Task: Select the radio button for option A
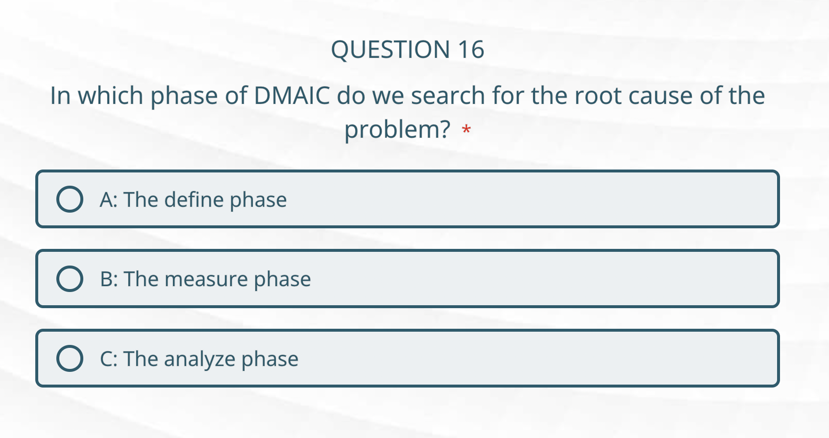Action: coord(70,199)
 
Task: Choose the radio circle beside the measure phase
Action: coord(70,279)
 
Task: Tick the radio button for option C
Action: coord(70,358)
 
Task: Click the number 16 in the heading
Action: coord(471,49)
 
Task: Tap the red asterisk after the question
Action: coord(466,130)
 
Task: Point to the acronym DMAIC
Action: coord(292,96)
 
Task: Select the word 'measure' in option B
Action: coord(206,279)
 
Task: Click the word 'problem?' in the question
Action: coord(397,130)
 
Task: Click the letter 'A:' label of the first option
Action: coord(108,200)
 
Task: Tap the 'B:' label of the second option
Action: coord(109,279)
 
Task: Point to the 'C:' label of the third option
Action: coord(108,359)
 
